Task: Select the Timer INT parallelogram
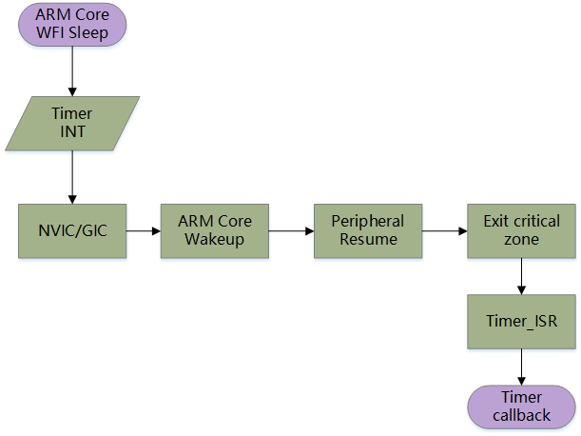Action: point(72,123)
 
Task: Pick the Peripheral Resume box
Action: point(367,229)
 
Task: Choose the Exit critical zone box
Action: point(522,229)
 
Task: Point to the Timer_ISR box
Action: point(522,321)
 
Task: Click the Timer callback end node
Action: point(522,406)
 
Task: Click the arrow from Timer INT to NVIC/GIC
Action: point(72,176)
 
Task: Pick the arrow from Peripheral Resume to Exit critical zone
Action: point(443,230)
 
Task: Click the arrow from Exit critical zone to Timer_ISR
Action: point(522,276)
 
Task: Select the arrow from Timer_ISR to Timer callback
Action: point(522,366)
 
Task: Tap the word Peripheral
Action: point(367,221)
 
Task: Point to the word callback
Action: point(522,415)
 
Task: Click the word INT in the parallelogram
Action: point(72,131)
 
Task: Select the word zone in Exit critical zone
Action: point(522,239)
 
